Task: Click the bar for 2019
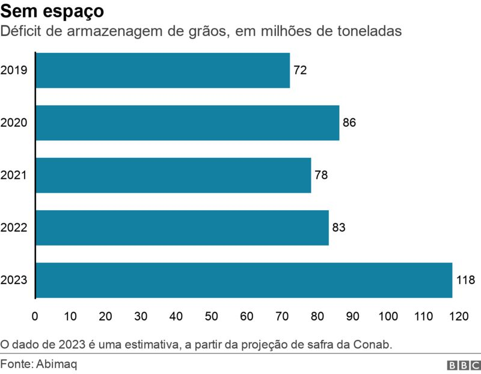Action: pyautogui.click(x=163, y=70)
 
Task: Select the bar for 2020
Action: pyautogui.click(x=188, y=123)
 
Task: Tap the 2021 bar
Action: pyautogui.click(x=174, y=175)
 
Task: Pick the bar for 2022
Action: pyautogui.click(x=182, y=228)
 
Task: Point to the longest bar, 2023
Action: pyautogui.click(x=244, y=280)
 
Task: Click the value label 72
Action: pyautogui.click(x=300, y=70)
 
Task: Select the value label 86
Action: pyautogui.click(x=349, y=122)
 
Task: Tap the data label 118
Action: pyautogui.click(x=465, y=280)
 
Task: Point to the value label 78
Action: pyautogui.click(x=321, y=175)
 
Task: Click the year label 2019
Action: pyautogui.click(x=14, y=70)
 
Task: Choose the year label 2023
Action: pyautogui.click(x=14, y=280)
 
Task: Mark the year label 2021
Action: pyautogui.click(x=14, y=175)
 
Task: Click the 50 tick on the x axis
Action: pyautogui.click(x=212, y=316)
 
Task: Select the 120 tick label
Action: pyautogui.click(x=459, y=316)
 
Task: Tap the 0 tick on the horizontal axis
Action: pyautogui.click(x=35, y=316)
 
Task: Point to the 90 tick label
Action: pyautogui.click(x=352, y=316)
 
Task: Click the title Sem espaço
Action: pyautogui.click(x=52, y=11)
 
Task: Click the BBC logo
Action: pyautogui.click(x=464, y=365)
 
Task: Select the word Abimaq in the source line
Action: pyautogui.click(x=57, y=364)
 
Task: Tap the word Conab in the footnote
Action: pyautogui.click(x=372, y=345)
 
